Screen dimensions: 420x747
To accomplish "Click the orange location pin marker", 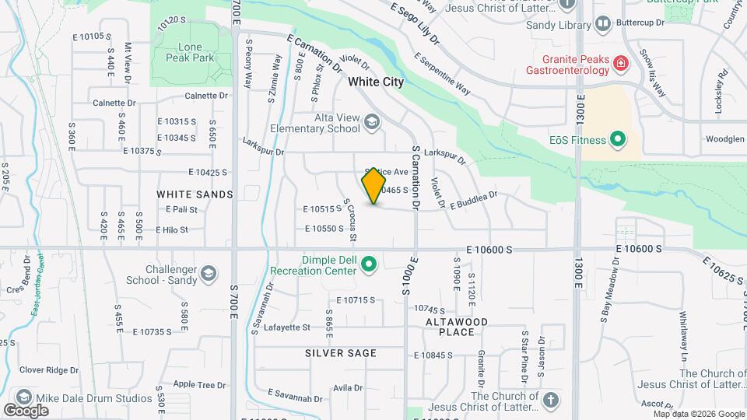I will tap(374, 185).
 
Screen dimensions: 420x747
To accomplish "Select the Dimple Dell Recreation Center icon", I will tap(370, 266).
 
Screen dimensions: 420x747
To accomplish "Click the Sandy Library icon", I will tap(603, 25).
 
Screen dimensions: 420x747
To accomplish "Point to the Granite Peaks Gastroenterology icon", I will tap(621, 62).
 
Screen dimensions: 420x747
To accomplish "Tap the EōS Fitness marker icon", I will tap(618, 140).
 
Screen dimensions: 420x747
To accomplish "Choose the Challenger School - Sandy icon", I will tap(208, 273).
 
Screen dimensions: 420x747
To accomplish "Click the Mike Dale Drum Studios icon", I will tap(23, 397).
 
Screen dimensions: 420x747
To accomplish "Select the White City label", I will tap(376, 82).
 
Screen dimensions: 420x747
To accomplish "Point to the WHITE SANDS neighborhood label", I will tap(195, 194).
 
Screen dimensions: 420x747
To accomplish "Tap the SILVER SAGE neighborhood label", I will tap(341, 353).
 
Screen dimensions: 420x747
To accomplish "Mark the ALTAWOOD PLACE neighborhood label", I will tap(456, 327).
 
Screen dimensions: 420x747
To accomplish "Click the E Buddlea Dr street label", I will tap(473, 201).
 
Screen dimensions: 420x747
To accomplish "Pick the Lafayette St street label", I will tap(287, 327).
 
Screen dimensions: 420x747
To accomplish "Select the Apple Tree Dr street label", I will tap(195, 384).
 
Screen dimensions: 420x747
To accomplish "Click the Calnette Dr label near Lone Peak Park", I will tap(206, 96).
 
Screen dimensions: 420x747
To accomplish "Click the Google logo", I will tap(26, 410).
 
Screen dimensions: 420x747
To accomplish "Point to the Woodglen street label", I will tap(724, 139).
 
